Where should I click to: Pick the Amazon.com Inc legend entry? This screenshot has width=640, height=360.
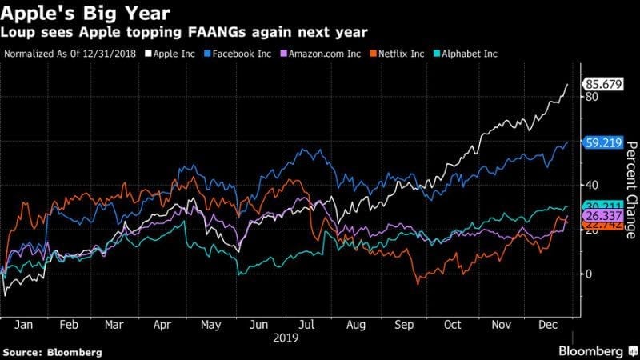315,54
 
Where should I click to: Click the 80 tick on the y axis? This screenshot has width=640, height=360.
592,97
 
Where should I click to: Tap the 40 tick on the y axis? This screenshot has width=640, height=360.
592,185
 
